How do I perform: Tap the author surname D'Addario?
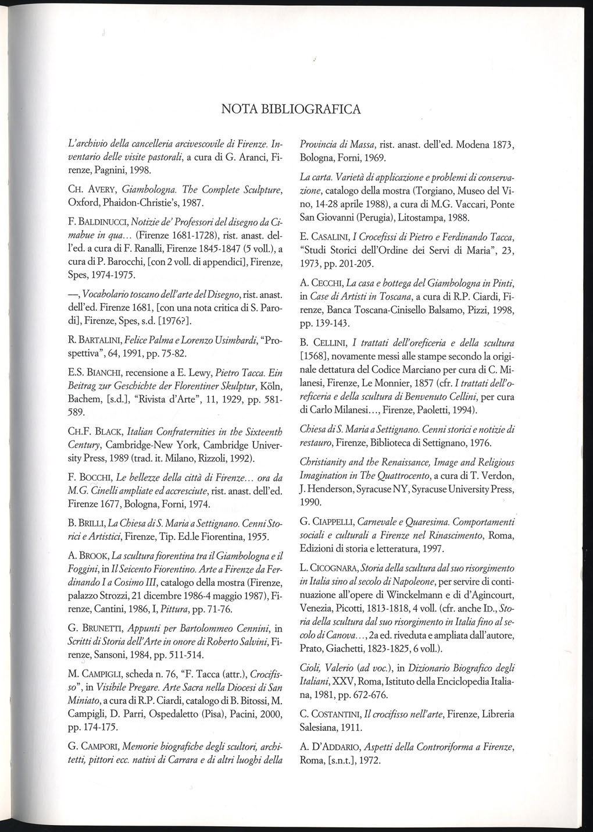338,747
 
